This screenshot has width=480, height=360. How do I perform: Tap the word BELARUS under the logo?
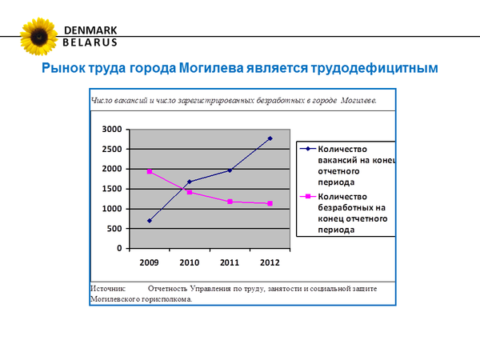pyautogui.click(x=90, y=42)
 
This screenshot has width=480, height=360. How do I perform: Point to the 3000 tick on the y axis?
pyautogui.click(x=110, y=130)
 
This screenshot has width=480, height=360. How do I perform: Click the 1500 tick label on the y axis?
pyautogui.click(x=110, y=189)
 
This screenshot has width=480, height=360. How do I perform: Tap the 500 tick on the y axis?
pyautogui.click(x=114, y=229)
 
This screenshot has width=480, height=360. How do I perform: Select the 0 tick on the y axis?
pyautogui.click(x=119, y=249)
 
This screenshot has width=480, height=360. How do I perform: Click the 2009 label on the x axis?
pyautogui.click(x=150, y=262)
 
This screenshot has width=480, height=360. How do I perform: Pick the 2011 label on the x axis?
pyautogui.click(x=230, y=262)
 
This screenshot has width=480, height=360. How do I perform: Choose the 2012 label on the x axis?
pyautogui.click(x=270, y=262)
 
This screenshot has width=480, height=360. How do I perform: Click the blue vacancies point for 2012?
pyautogui.click(x=270, y=138)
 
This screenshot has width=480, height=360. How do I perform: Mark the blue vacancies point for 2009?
pyautogui.click(x=150, y=221)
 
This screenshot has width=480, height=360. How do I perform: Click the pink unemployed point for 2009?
pyautogui.click(x=150, y=171)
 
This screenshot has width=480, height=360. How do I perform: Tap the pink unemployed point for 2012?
pyautogui.click(x=270, y=204)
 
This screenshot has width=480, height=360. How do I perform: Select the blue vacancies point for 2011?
pyautogui.click(x=230, y=170)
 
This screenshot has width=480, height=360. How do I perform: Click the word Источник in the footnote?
pyautogui.click(x=109, y=287)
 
